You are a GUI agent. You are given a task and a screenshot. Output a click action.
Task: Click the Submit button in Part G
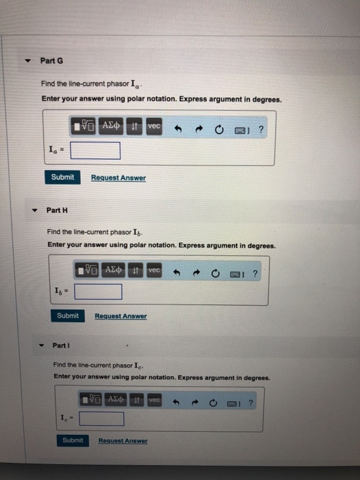pos(62,177)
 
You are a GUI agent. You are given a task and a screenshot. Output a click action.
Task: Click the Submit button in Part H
pos(68,315)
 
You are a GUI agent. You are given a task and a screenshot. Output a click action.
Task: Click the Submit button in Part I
pos(73,440)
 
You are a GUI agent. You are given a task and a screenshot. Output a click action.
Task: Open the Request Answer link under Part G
pos(119,178)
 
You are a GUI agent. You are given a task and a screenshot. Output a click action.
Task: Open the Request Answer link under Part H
pos(121,316)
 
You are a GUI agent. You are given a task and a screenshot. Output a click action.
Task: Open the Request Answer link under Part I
pos(123,440)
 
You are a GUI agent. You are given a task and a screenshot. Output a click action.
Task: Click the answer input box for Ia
pos(95,151)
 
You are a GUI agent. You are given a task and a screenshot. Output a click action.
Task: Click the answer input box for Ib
pos(98,291)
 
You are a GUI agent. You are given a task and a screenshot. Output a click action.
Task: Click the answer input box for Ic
pos(101,419)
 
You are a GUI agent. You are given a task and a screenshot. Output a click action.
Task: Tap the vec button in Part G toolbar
pos(154,125)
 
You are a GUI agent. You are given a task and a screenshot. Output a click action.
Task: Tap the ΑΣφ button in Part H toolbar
pos(113,270)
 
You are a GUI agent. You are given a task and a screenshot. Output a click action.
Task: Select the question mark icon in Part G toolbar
pos(261,130)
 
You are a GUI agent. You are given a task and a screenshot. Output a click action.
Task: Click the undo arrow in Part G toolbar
pos(178,129)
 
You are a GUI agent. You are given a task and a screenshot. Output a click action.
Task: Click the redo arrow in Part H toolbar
pos(196,272)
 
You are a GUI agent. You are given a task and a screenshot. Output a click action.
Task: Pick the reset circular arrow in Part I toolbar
pos(213,403)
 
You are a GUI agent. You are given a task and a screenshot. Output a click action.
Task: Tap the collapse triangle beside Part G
pos(28,60)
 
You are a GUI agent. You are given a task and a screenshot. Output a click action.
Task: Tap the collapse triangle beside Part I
pos(41,346)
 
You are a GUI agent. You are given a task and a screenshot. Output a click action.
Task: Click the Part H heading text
pos(57,210)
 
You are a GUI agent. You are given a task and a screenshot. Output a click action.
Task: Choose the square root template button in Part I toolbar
pos(91,399)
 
